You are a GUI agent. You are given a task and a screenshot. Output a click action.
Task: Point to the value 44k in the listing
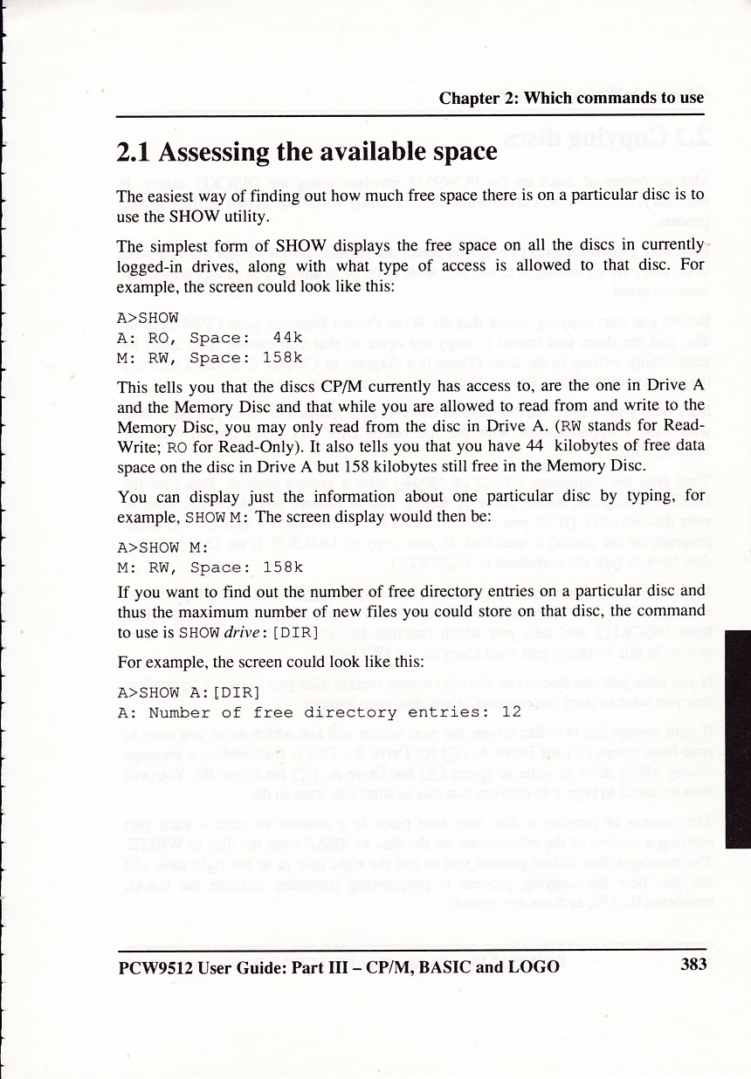pyautogui.click(x=287, y=338)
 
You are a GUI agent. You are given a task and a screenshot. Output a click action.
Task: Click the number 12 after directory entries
pyautogui.click(x=511, y=711)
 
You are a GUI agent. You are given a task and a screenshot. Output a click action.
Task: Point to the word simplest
pyautogui.click(x=183, y=241)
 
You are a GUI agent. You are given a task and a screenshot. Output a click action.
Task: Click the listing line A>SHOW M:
pyautogui.click(x=162, y=548)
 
